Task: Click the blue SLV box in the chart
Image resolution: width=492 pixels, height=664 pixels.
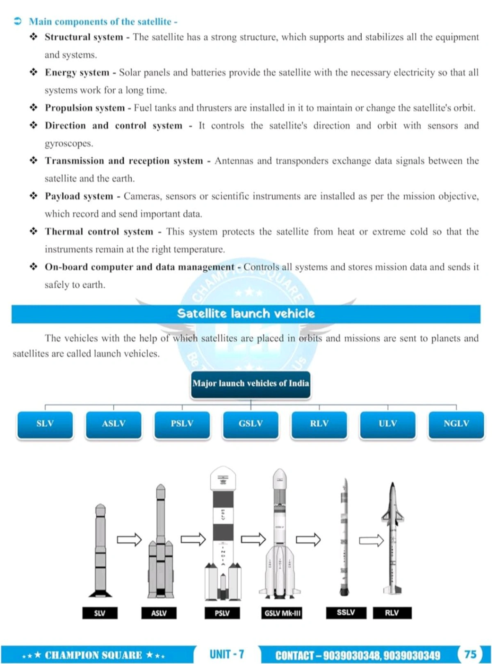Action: (45, 424)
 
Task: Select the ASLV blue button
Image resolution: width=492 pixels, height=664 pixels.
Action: (114, 424)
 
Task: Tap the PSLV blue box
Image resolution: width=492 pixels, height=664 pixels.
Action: (182, 424)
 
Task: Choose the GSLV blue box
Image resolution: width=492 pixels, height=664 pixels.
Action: (251, 424)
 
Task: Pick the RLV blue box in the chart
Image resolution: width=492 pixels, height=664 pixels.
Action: (319, 424)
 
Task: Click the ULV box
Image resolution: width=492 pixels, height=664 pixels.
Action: (387, 424)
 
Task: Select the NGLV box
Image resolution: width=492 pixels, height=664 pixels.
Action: (456, 424)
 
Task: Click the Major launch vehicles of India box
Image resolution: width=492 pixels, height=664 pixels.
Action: (251, 384)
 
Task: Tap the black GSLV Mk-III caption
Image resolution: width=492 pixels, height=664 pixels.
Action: (282, 613)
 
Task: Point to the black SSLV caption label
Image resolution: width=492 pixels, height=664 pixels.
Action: (346, 612)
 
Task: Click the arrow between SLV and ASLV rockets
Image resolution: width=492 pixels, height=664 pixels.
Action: (129, 539)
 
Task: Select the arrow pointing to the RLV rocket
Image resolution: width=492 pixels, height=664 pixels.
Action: (371, 540)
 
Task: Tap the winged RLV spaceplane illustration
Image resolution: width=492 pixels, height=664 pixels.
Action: (392, 538)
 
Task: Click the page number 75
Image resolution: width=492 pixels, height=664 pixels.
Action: (470, 654)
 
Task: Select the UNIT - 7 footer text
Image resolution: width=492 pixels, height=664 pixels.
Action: (227, 654)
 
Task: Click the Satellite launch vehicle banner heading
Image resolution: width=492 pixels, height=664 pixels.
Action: (246, 314)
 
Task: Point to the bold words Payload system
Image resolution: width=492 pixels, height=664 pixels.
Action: (79, 196)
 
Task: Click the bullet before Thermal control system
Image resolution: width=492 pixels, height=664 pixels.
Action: (33, 231)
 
